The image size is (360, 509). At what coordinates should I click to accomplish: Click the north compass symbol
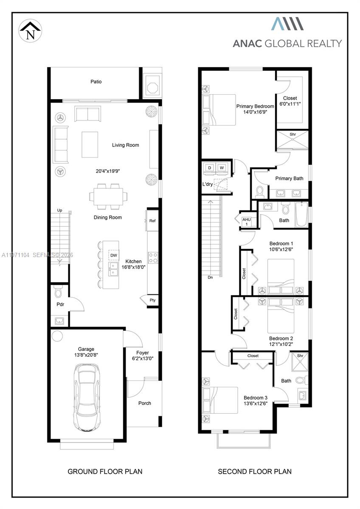tap(30, 31)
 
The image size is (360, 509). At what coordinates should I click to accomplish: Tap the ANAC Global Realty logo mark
tap(287, 24)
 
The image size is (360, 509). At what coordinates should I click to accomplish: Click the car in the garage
tap(87, 397)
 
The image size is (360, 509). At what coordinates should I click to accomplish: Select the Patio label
tap(96, 81)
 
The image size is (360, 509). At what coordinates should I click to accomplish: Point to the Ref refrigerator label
tap(152, 221)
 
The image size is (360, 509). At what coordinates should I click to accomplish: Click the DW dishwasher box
tap(114, 255)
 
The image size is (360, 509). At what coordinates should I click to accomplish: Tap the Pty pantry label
tap(152, 300)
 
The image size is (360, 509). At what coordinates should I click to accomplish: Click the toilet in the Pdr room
tap(58, 292)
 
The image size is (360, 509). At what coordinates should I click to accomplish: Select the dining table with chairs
tap(108, 196)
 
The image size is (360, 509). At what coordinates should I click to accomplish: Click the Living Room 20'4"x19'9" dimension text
tap(107, 171)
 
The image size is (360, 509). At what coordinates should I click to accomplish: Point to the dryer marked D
tap(209, 168)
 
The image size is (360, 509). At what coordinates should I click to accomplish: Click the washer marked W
tap(222, 168)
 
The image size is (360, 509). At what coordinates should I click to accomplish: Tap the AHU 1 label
tap(247, 222)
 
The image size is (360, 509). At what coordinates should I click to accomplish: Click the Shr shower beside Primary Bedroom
tap(292, 140)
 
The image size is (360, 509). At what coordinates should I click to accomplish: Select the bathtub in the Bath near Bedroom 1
tap(301, 214)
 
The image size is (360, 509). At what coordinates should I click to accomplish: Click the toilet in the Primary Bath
tap(259, 192)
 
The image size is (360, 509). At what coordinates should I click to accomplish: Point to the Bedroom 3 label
tap(256, 398)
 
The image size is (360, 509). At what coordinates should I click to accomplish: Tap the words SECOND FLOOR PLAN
tap(255, 472)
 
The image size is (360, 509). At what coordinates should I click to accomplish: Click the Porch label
tap(145, 403)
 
